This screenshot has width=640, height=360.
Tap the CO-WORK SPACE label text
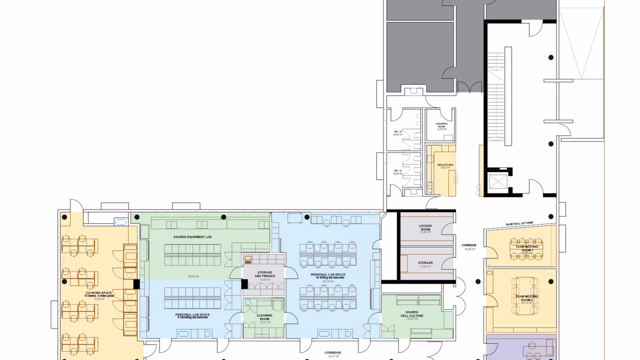point(98,292)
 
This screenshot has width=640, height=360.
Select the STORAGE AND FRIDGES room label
point(264,274)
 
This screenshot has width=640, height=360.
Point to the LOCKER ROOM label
point(425,226)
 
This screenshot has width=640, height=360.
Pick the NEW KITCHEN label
point(444,164)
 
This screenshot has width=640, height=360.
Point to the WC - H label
point(398,131)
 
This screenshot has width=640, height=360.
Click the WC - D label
point(398,170)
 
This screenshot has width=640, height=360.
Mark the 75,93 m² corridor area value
point(468,249)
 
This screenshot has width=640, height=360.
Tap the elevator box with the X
point(497,181)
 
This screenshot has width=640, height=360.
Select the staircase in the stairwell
point(498,95)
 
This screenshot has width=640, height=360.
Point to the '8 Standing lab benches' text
point(192,317)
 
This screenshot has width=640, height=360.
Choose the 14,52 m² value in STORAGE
point(425,267)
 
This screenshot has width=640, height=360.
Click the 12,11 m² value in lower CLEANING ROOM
point(264,322)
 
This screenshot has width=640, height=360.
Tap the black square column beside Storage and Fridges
point(244,284)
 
